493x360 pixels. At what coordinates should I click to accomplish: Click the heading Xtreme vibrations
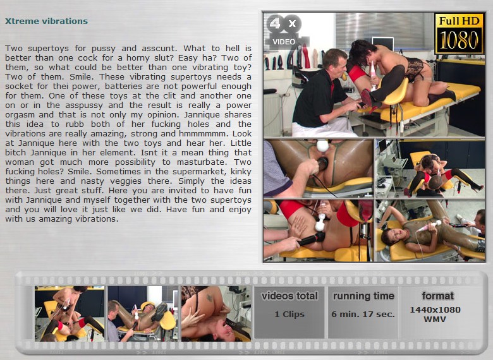pos(46,21)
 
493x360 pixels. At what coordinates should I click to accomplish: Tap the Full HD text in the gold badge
pos(459,21)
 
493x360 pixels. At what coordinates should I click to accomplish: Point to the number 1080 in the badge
pos(459,40)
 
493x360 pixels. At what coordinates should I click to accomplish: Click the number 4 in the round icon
pos(276,23)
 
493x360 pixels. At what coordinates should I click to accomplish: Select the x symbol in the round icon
pos(293,23)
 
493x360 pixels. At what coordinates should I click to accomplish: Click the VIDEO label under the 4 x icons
pos(284,42)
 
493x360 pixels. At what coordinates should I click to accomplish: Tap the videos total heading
pos(289,296)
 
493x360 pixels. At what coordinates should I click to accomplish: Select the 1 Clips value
pos(289,314)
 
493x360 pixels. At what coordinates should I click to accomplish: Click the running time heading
pos(363,296)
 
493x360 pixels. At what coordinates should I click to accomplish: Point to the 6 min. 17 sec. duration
pos(363,314)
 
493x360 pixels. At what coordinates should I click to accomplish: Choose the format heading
pos(437,296)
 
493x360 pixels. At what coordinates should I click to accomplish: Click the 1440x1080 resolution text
pos(435,309)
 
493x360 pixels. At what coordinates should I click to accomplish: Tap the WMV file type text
pos(435,319)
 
